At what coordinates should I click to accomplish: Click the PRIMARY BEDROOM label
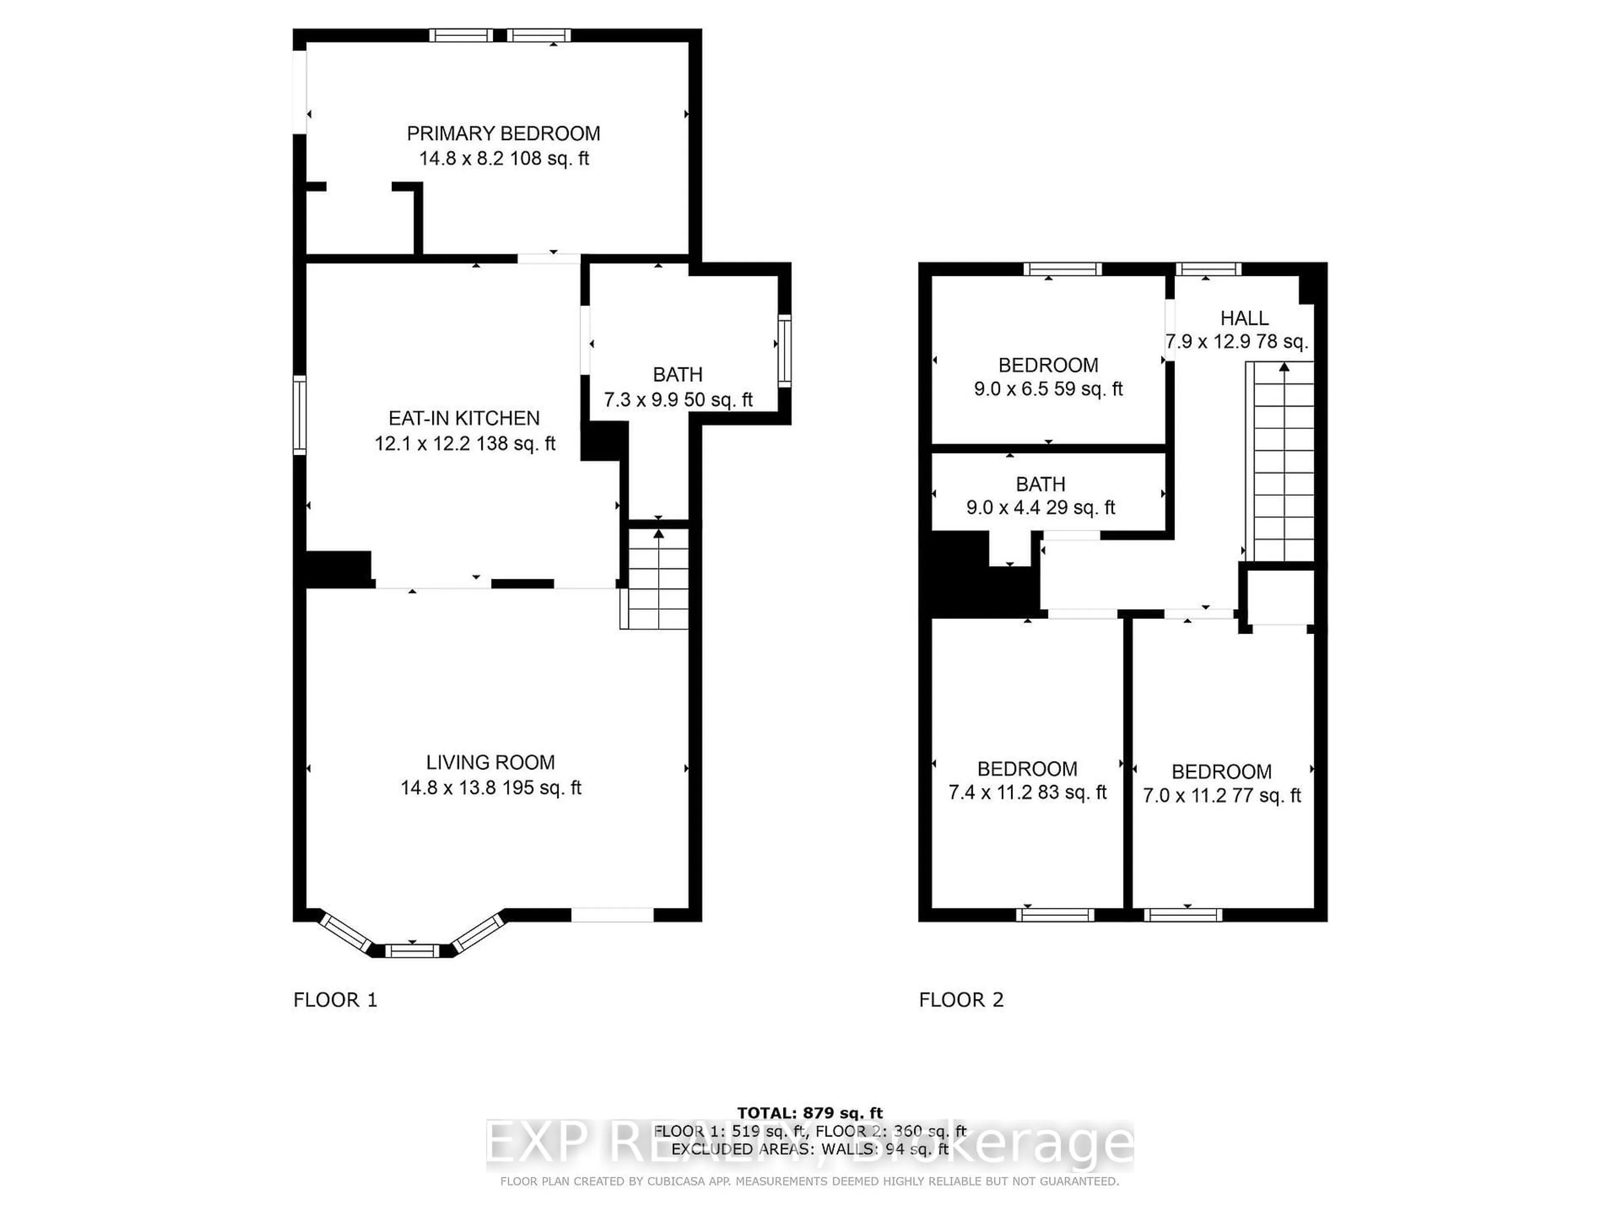[503, 133]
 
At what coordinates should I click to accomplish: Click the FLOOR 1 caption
[335, 1000]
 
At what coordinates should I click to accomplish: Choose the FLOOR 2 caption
[961, 1000]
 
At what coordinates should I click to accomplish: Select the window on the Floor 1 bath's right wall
[784, 350]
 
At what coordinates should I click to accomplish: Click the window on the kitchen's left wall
[299, 415]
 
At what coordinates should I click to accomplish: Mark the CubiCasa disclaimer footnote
[809, 1181]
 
